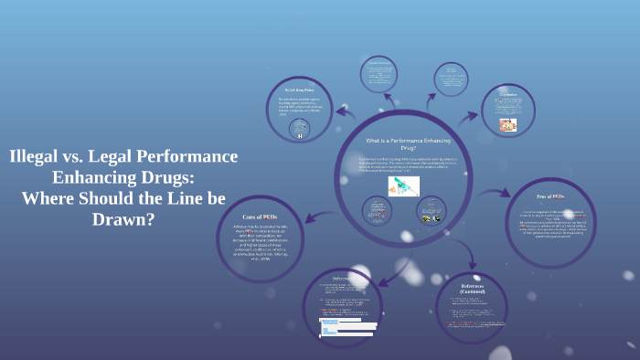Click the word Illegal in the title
pyautogui.click(x=36, y=156)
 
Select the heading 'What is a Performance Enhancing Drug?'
pyautogui.click(x=403, y=144)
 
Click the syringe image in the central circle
pyautogui.click(x=402, y=185)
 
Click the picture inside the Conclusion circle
pyautogui.click(x=507, y=125)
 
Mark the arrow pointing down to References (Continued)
pyautogui.click(x=453, y=257)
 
